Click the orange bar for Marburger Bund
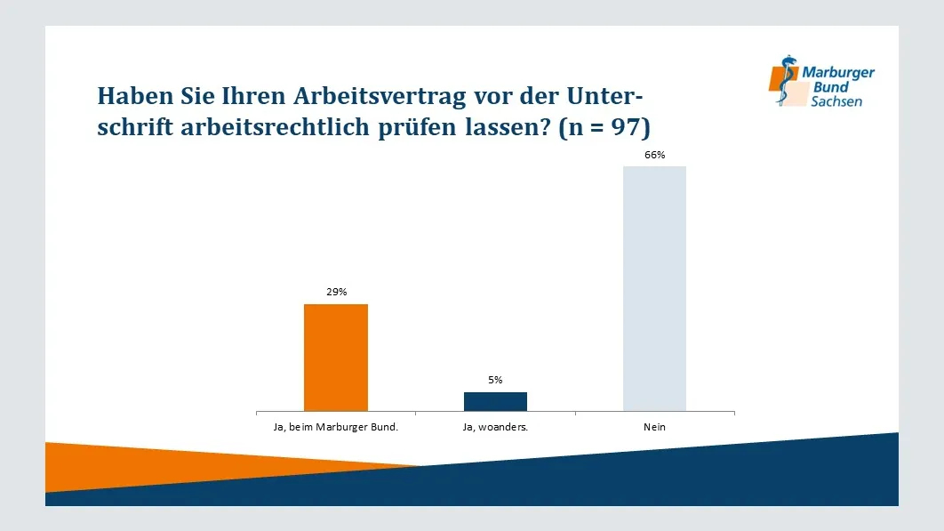tap(335, 358)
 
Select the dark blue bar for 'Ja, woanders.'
tap(495, 401)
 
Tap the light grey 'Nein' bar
tap(654, 288)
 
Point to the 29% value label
tap(336, 292)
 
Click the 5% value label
tap(495, 380)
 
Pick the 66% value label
tap(655, 155)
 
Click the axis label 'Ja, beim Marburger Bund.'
tap(335, 428)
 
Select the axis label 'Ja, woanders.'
tap(495, 428)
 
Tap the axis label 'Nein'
tap(655, 428)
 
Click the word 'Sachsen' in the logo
tap(836, 102)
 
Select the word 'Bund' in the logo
tap(832, 87)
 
